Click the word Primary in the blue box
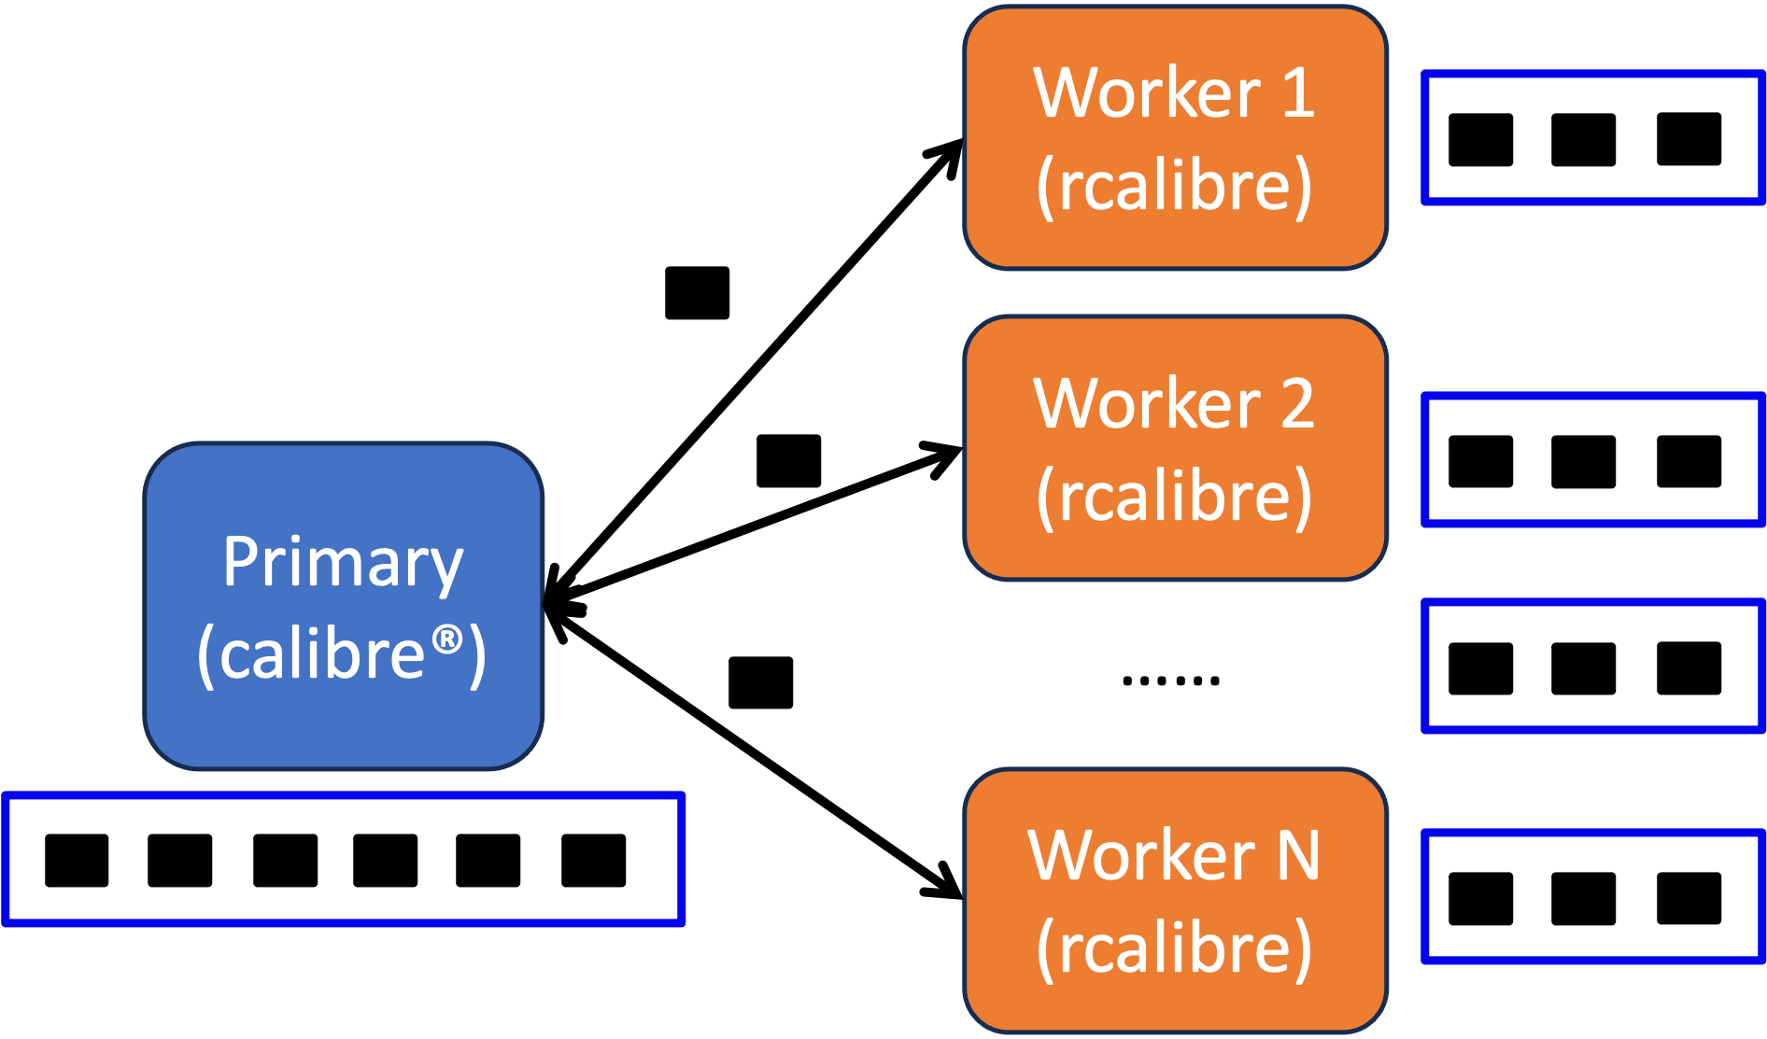point(343,563)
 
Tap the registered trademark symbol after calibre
point(447,639)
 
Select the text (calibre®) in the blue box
point(342,653)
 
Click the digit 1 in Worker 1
point(1298,93)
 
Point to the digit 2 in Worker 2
point(1297,404)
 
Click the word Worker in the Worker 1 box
point(1147,93)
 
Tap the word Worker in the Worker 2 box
point(1147,404)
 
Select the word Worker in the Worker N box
point(1141,855)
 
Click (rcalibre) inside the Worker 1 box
point(1174,186)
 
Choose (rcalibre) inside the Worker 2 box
point(1174,496)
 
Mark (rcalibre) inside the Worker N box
point(1174,948)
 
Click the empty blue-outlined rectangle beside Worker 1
point(1593,137)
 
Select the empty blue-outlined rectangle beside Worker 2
point(1593,459)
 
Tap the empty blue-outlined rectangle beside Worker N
point(1593,896)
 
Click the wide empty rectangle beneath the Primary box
point(344,859)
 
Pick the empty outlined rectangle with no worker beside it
point(1593,666)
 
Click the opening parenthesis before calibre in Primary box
point(205,656)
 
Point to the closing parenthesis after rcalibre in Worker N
point(1303,949)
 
